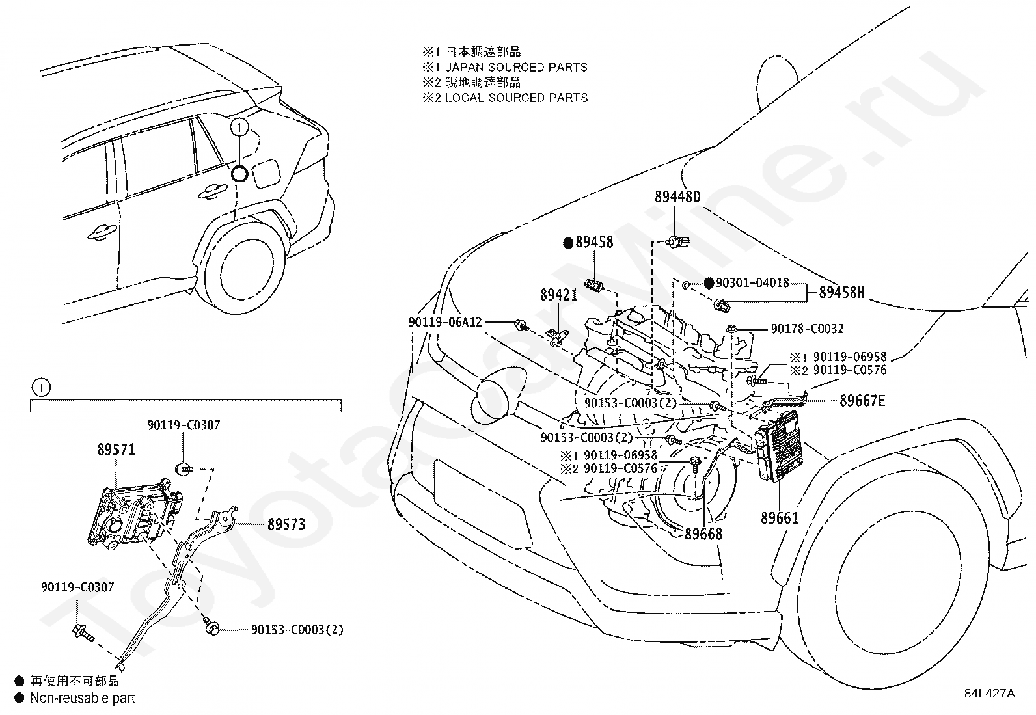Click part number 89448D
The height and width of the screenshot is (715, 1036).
pos(677,197)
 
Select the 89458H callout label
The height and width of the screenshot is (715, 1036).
pos(842,292)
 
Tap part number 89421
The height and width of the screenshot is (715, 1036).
pos(559,295)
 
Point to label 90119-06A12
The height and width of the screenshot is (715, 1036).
pos(445,322)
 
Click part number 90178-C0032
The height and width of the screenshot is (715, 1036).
pos(807,329)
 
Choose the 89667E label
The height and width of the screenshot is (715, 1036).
pos(862,401)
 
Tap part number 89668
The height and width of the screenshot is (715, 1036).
pos(703,533)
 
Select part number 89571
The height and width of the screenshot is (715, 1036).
pos(116,450)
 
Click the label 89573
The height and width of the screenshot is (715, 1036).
pos(286,524)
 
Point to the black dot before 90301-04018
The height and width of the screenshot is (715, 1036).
pos(709,283)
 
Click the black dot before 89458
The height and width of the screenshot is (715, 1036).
pos(568,243)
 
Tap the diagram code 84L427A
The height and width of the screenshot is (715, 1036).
pos(989,694)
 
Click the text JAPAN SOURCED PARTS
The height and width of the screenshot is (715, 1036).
pos(516,68)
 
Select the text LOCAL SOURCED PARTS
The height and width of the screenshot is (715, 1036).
pos(516,98)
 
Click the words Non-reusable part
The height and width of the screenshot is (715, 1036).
pos(83,698)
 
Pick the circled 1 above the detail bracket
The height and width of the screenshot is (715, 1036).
pos(41,387)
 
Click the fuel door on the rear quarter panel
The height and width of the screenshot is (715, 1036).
pos(267,173)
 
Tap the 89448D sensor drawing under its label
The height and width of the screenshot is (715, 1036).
pos(677,241)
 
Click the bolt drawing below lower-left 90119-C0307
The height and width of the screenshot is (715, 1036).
pos(83,632)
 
